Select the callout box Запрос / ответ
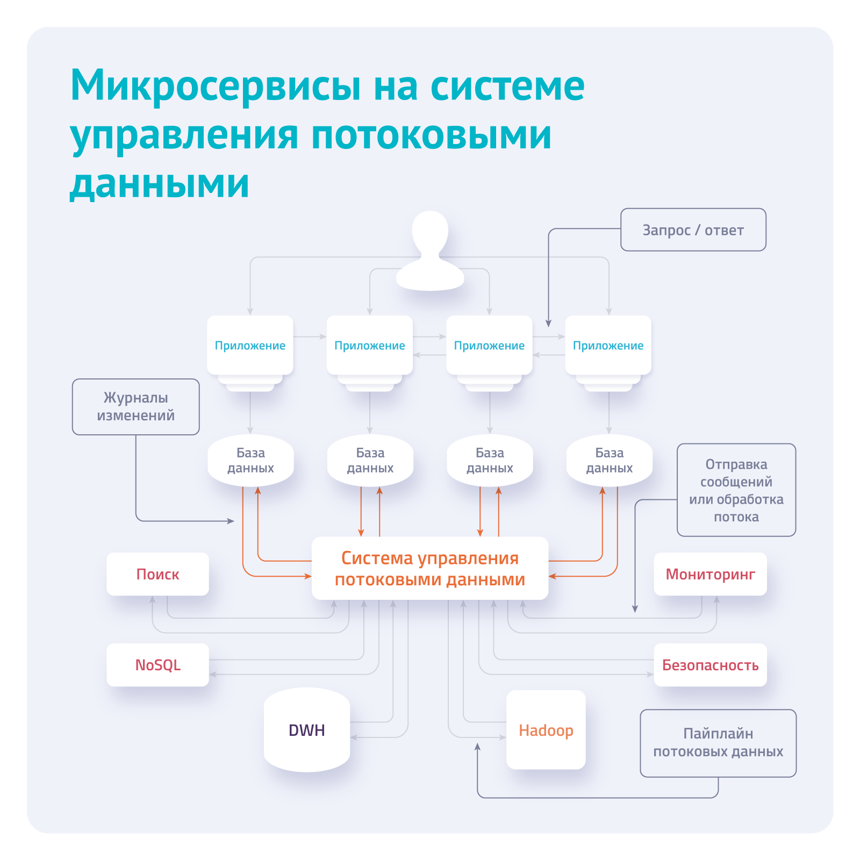point(693,230)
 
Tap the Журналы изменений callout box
point(135,407)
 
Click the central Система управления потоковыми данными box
point(430,568)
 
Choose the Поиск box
point(157,574)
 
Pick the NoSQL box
point(157,665)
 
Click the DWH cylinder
point(307,730)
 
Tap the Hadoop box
point(546,730)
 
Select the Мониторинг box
point(710,574)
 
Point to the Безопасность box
point(710,665)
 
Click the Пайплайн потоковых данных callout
point(718,743)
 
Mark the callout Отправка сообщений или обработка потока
point(736,490)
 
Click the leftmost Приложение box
point(250,345)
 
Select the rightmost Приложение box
point(608,345)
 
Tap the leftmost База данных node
point(250,461)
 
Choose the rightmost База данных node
point(609,461)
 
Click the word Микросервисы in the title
point(215,86)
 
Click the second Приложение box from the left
point(370,345)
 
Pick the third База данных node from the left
point(490,461)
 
